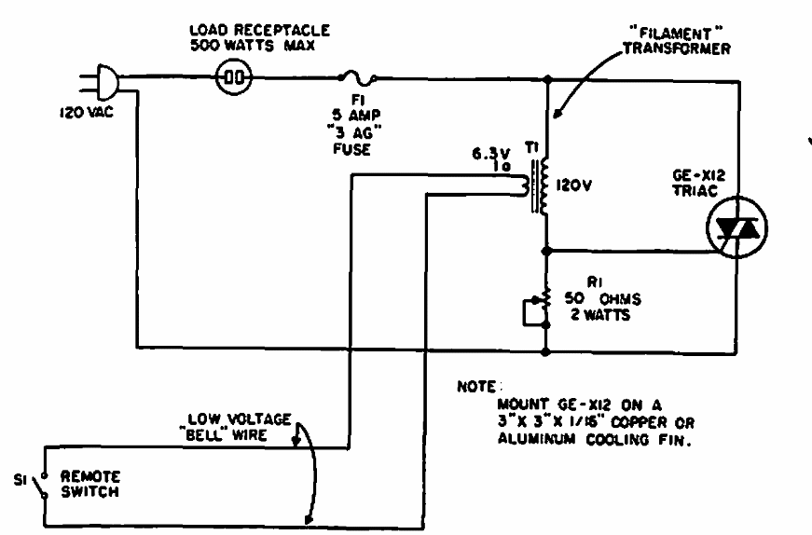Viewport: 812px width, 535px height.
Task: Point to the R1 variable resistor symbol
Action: click(545, 306)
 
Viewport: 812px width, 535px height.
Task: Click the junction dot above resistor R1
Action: click(546, 250)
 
